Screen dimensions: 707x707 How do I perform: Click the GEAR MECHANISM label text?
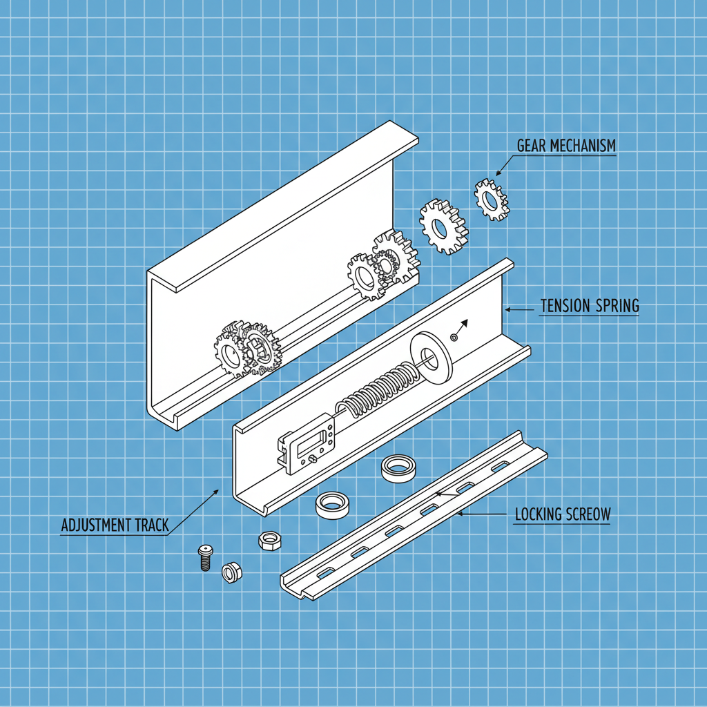pyautogui.click(x=566, y=146)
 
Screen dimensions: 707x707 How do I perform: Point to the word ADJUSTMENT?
pyautogui.click(x=94, y=525)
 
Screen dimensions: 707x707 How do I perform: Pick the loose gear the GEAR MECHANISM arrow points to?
pyautogui.click(x=491, y=200)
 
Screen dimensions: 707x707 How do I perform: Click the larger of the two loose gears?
pyautogui.click(x=442, y=226)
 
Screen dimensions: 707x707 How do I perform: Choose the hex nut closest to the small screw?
pyautogui.click(x=231, y=572)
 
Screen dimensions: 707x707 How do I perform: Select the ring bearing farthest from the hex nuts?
pyautogui.click(x=398, y=467)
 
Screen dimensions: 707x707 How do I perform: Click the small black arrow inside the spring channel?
pyautogui.click(x=463, y=325)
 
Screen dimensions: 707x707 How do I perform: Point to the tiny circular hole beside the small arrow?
pyautogui.click(x=453, y=337)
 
